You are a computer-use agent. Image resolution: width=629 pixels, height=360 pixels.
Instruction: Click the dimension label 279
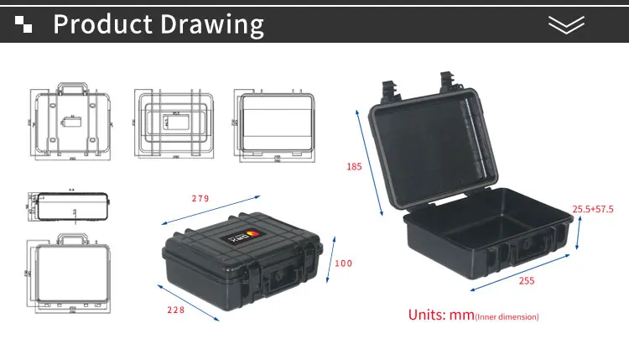pos(200,199)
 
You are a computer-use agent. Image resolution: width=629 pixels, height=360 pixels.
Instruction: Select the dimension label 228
pos(175,310)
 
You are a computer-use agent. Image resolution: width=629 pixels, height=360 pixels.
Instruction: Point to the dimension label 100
pos(344,263)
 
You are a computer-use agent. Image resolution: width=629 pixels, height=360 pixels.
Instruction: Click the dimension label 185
pos(354,166)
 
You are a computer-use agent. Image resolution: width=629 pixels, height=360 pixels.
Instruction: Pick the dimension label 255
pos(527,281)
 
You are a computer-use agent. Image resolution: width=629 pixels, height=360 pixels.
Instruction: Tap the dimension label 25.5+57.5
pos(593,209)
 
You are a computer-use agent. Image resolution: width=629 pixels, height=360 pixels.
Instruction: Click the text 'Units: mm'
pos(441,316)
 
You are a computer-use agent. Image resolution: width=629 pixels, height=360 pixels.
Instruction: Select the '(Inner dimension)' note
pos(507,317)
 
